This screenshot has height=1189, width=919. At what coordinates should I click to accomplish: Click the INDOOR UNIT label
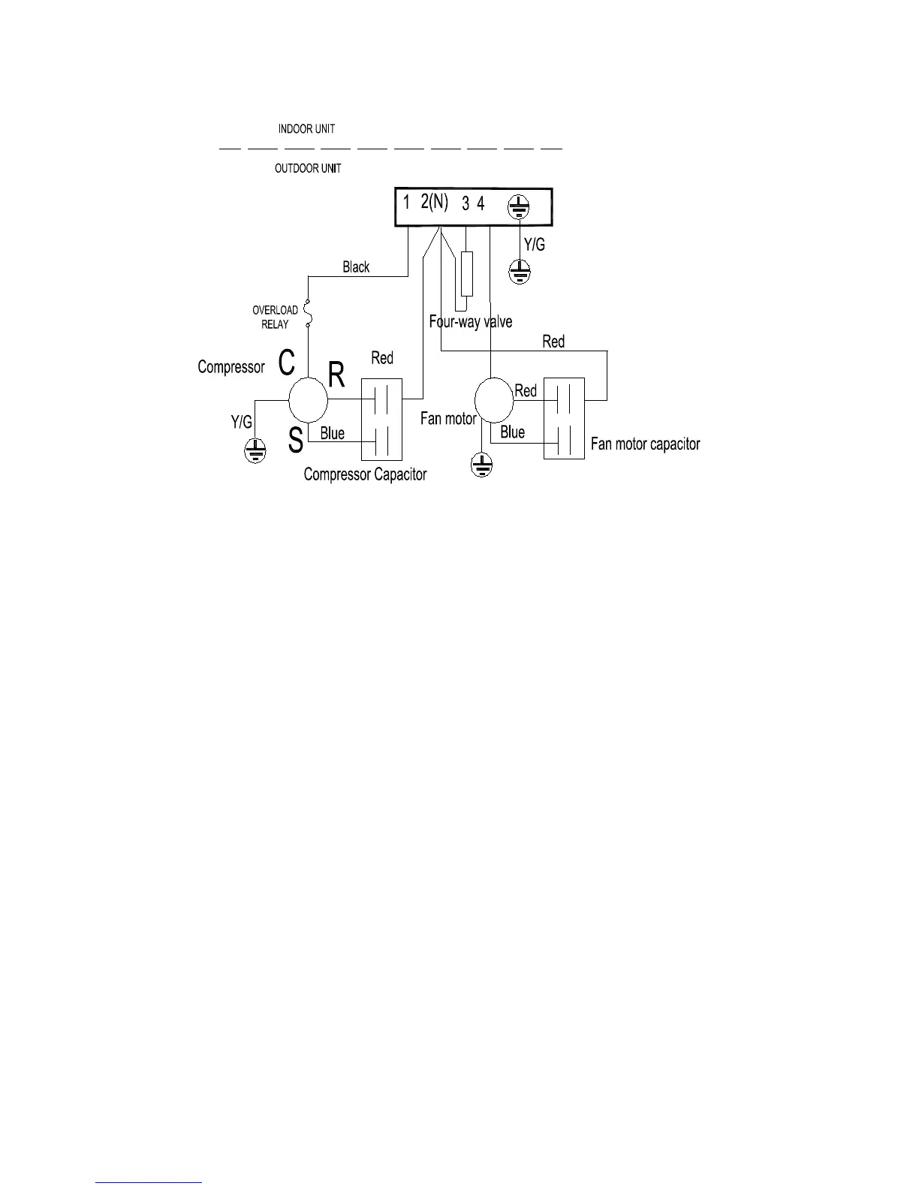pos(306,129)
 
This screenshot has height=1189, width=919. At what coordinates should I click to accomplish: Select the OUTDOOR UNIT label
pos(308,168)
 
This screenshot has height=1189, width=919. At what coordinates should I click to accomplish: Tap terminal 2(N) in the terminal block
pos(434,202)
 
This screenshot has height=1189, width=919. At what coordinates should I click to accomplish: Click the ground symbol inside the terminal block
pos(518,205)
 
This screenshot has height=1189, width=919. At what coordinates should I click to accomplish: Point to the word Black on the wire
pos(356,267)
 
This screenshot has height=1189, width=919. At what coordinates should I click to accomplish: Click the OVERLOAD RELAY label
pos(275,317)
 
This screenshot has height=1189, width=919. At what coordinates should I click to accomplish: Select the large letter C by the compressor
pos(286,363)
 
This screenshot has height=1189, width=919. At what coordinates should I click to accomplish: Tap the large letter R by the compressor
pos(336,375)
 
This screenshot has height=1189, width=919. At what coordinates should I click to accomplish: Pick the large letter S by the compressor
pos(296,441)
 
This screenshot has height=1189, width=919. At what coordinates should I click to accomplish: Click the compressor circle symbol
pos(309,400)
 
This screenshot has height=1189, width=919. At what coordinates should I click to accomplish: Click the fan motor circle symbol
pos(494,400)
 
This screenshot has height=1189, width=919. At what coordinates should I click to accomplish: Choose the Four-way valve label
pos(471,322)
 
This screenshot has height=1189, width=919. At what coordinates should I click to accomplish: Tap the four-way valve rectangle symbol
pos(467,274)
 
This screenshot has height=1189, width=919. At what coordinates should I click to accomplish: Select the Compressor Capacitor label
pos(365,474)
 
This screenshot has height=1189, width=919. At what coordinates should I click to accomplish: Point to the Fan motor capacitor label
pos(645,444)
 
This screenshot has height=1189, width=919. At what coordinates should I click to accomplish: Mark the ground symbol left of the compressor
pos(255,451)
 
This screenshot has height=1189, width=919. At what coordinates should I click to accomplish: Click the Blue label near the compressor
pos(332,433)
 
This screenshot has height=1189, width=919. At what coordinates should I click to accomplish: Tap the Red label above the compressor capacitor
pos(382,358)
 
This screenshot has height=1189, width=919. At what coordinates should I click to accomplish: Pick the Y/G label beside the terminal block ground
pos(534,245)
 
